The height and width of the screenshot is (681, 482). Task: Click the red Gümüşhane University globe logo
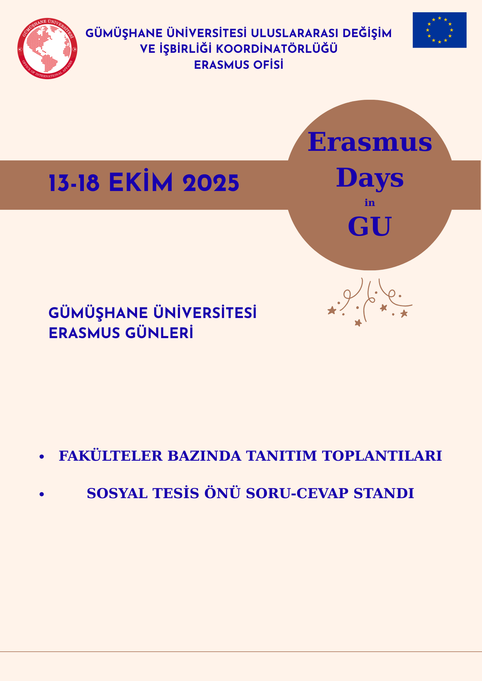click(x=47, y=49)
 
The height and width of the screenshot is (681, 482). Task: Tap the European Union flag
click(x=439, y=30)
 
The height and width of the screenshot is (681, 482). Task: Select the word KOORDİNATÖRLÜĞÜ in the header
click(x=277, y=49)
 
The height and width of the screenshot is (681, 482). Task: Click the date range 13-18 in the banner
click(x=74, y=184)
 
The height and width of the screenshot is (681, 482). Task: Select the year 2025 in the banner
click(x=211, y=184)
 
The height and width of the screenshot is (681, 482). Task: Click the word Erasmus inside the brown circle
click(x=370, y=142)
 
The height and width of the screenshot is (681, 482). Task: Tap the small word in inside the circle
click(x=370, y=203)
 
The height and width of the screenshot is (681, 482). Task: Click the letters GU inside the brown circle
click(x=370, y=226)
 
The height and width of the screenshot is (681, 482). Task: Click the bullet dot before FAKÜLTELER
click(x=42, y=457)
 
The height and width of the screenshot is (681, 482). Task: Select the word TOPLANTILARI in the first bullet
click(x=382, y=456)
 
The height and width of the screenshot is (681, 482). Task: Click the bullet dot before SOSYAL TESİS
click(x=42, y=494)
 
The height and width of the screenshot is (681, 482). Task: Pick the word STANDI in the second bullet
click(x=384, y=493)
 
